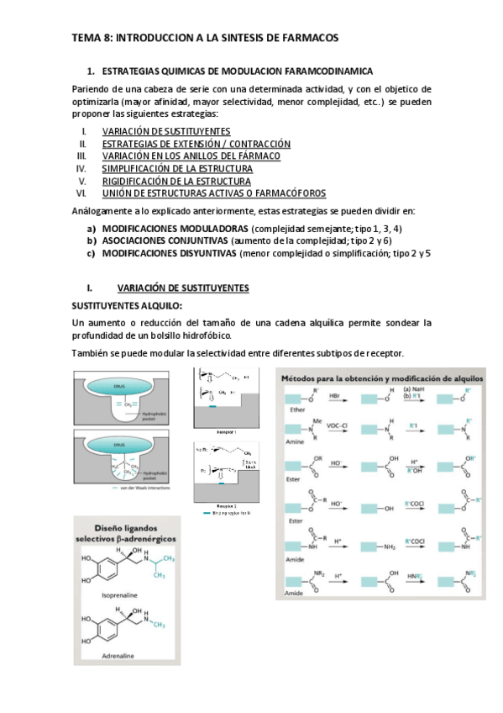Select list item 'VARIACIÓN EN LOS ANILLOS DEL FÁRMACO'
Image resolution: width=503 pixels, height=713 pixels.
tap(191, 156)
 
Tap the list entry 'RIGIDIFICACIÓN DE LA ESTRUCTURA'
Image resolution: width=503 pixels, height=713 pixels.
tap(176, 180)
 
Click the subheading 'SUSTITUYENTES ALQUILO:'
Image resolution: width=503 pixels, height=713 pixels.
tap(126, 305)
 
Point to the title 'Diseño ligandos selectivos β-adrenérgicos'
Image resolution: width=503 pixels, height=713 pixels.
tap(124, 531)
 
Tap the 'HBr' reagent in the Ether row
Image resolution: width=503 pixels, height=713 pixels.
tap(357, 393)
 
